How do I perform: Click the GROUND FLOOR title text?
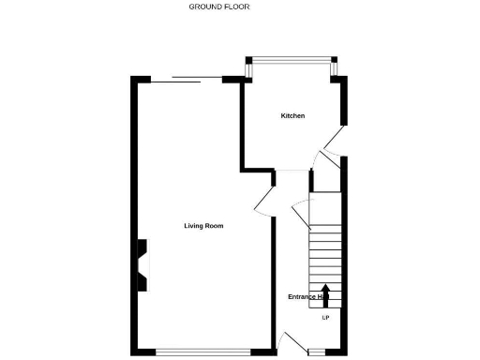click(x=219, y=7)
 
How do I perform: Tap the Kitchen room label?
click(x=293, y=116)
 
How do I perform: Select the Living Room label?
click(x=203, y=226)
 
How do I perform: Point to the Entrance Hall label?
click(x=307, y=297)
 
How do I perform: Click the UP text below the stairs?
click(x=325, y=318)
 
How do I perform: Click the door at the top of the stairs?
click(x=302, y=217)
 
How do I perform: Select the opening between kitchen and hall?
click(x=292, y=172)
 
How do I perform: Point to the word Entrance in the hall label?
click(x=302, y=297)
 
